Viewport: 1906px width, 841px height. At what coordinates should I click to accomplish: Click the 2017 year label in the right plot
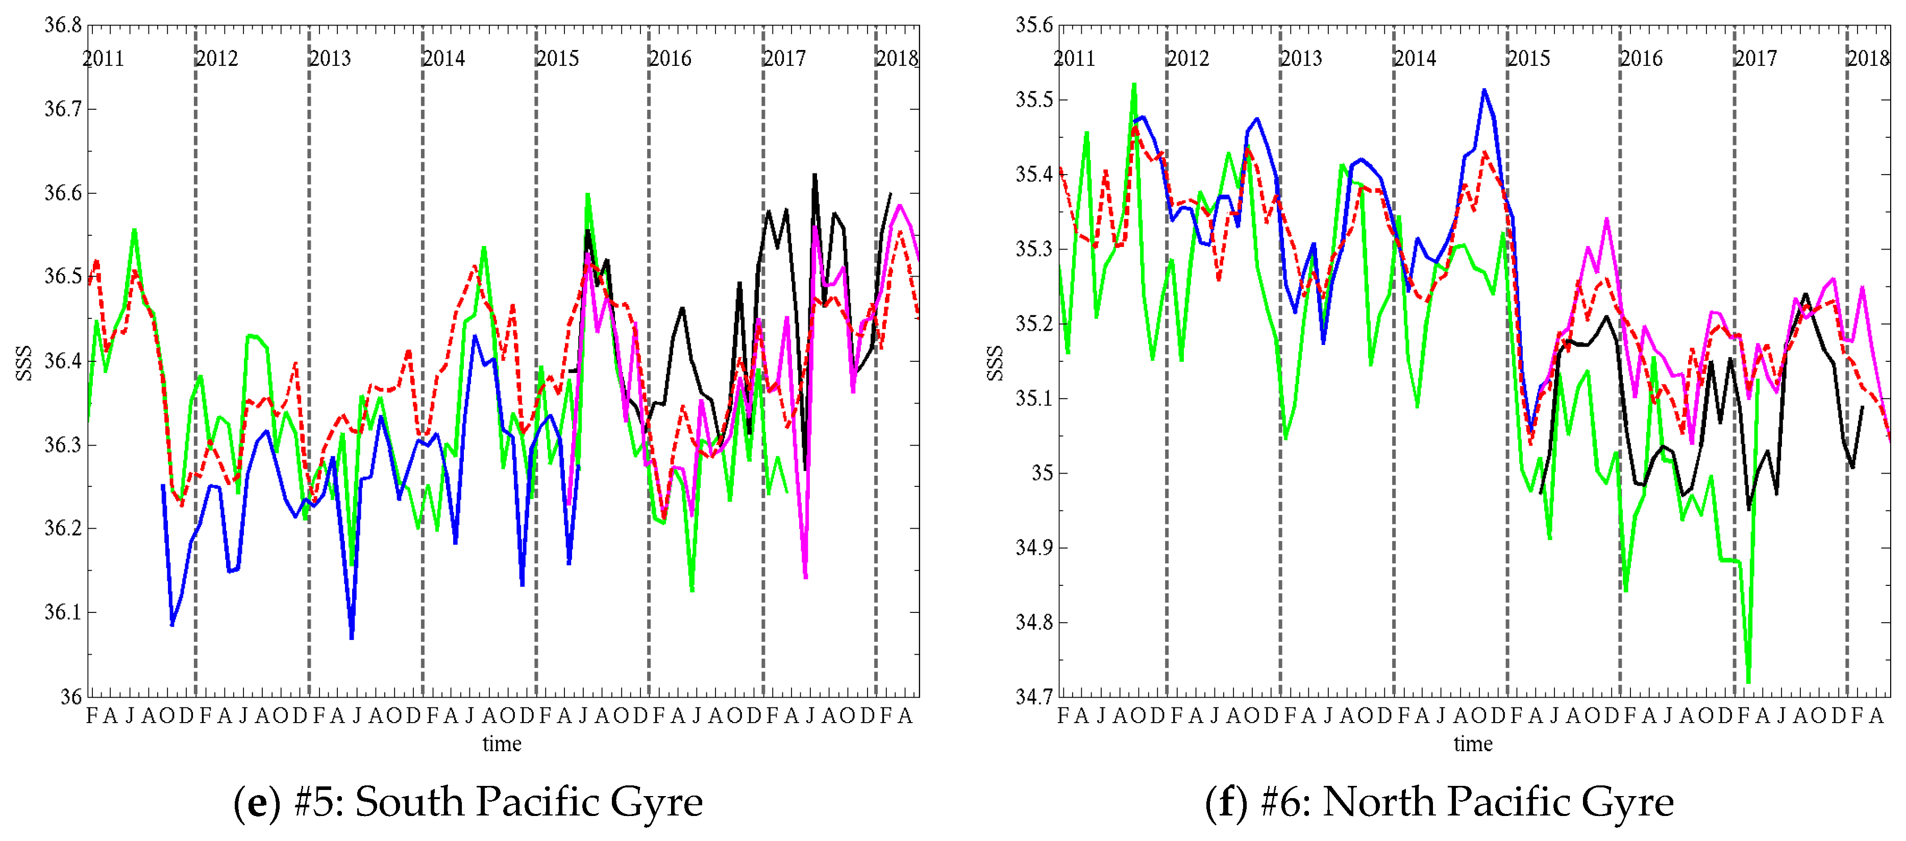click(x=1755, y=59)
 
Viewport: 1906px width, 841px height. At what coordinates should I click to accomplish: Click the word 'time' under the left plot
click(x=502, y=744)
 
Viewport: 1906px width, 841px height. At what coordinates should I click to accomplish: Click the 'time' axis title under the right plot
click(x=1472, y=744)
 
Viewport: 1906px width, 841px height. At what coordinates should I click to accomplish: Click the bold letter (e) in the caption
click(x=257, y=802)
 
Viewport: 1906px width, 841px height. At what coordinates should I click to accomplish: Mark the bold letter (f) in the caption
click(x=1227, y=802)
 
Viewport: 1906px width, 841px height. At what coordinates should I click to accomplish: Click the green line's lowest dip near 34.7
click(x=1748, y=681)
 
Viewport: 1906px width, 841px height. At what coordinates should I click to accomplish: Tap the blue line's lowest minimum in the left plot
click(x=352, y=637)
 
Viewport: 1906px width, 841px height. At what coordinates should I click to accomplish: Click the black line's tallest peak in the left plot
click(x=814, y=176)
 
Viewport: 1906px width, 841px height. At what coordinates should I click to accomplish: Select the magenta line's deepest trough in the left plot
click(x=805, y=578)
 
